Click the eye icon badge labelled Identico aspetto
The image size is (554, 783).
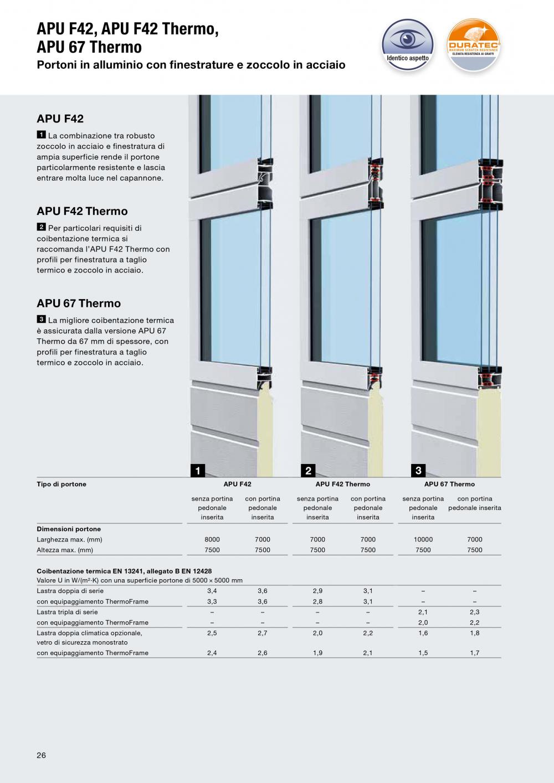[407, 44]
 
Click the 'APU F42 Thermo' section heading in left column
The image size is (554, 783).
[82, 211]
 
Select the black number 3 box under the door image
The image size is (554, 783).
[418, 471]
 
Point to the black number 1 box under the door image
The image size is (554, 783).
[197, 471]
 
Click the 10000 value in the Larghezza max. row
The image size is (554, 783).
[423, 539]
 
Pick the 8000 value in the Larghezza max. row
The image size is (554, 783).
[212, 539]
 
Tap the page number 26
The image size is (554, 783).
[42, 755]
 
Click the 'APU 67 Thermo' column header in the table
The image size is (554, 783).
[449, 484]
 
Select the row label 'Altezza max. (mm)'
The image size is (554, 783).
[65, 550]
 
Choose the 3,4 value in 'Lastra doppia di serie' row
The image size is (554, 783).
[212, 591]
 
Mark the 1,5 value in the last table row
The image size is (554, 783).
[423, 653]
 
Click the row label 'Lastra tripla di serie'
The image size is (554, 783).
[67, 612]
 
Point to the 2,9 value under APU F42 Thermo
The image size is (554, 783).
[317, 591]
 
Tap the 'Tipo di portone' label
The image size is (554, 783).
[61, 484]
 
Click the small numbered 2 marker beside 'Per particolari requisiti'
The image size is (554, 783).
[41, 227]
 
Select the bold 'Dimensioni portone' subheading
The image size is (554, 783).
[69, 529]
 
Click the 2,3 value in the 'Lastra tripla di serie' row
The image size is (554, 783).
[475, 612]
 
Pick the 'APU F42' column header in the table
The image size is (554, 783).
[237, 484]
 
